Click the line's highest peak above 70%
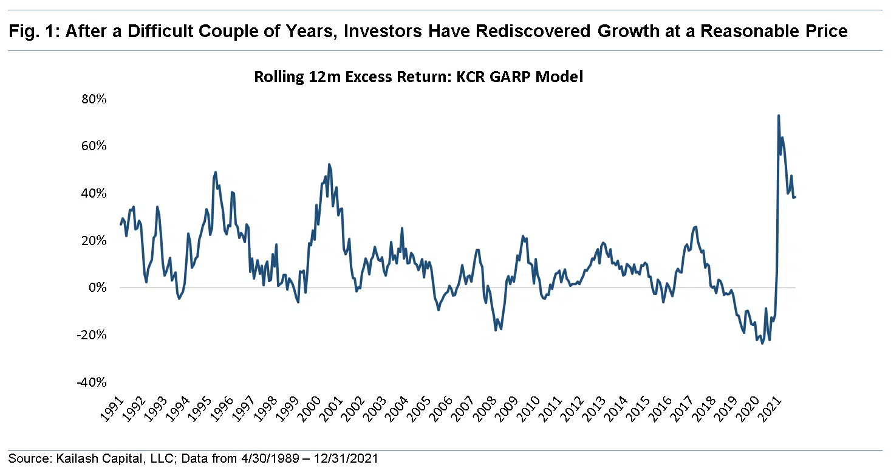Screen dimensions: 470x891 click(x=779, y=116)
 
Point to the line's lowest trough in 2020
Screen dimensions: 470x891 click(x=762, y=343)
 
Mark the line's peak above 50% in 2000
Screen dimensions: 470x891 click(x=329, y=164)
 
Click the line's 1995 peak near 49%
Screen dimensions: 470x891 click(x=216, y=172)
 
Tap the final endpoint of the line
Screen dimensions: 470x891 click(x=795, y=196)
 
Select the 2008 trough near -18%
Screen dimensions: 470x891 click(x=496, y=330)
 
